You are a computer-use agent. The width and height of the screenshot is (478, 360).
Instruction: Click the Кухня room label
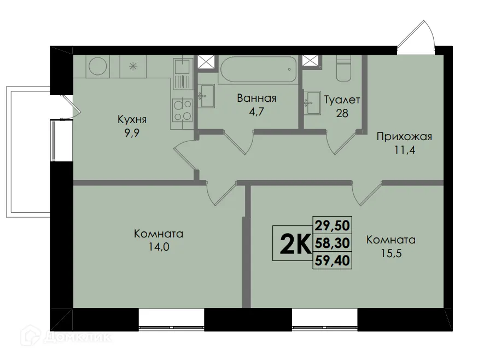[x=132, y=119]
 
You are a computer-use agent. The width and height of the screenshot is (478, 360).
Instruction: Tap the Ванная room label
[x=257, y=98]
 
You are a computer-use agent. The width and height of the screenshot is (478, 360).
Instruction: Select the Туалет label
[x=342, y=100]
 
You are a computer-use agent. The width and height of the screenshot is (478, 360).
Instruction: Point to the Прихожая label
[x=404, y=137]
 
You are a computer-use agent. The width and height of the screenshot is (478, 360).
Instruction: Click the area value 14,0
[x=159, y=247]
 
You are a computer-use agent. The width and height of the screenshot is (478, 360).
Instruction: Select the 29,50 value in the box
[x=333, y=224]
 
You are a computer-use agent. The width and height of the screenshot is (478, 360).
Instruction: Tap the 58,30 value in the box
[x=333, y=242]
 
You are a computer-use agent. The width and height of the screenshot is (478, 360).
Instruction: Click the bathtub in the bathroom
[x=258, y=70]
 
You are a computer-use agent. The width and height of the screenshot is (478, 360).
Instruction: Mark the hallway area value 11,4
[x=404, y=150]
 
